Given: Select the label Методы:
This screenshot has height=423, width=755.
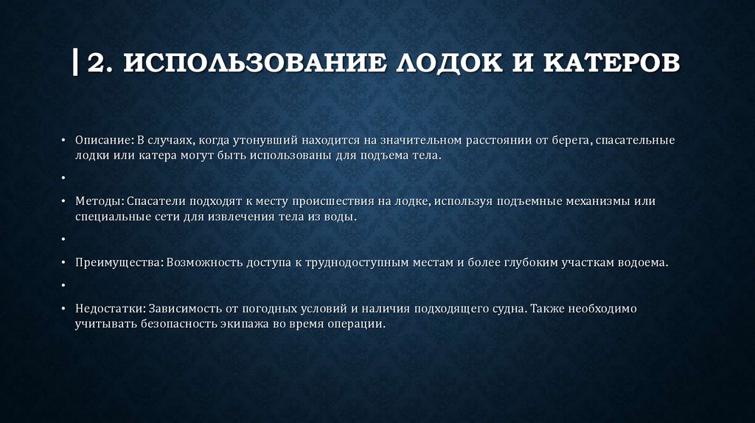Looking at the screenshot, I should pyautogui.click(x=99, y=200).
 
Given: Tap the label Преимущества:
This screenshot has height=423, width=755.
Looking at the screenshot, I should pyautogui.click(x=119, y=262).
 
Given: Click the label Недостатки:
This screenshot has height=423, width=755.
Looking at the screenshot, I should pyautogui.click(x=110, y=308).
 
